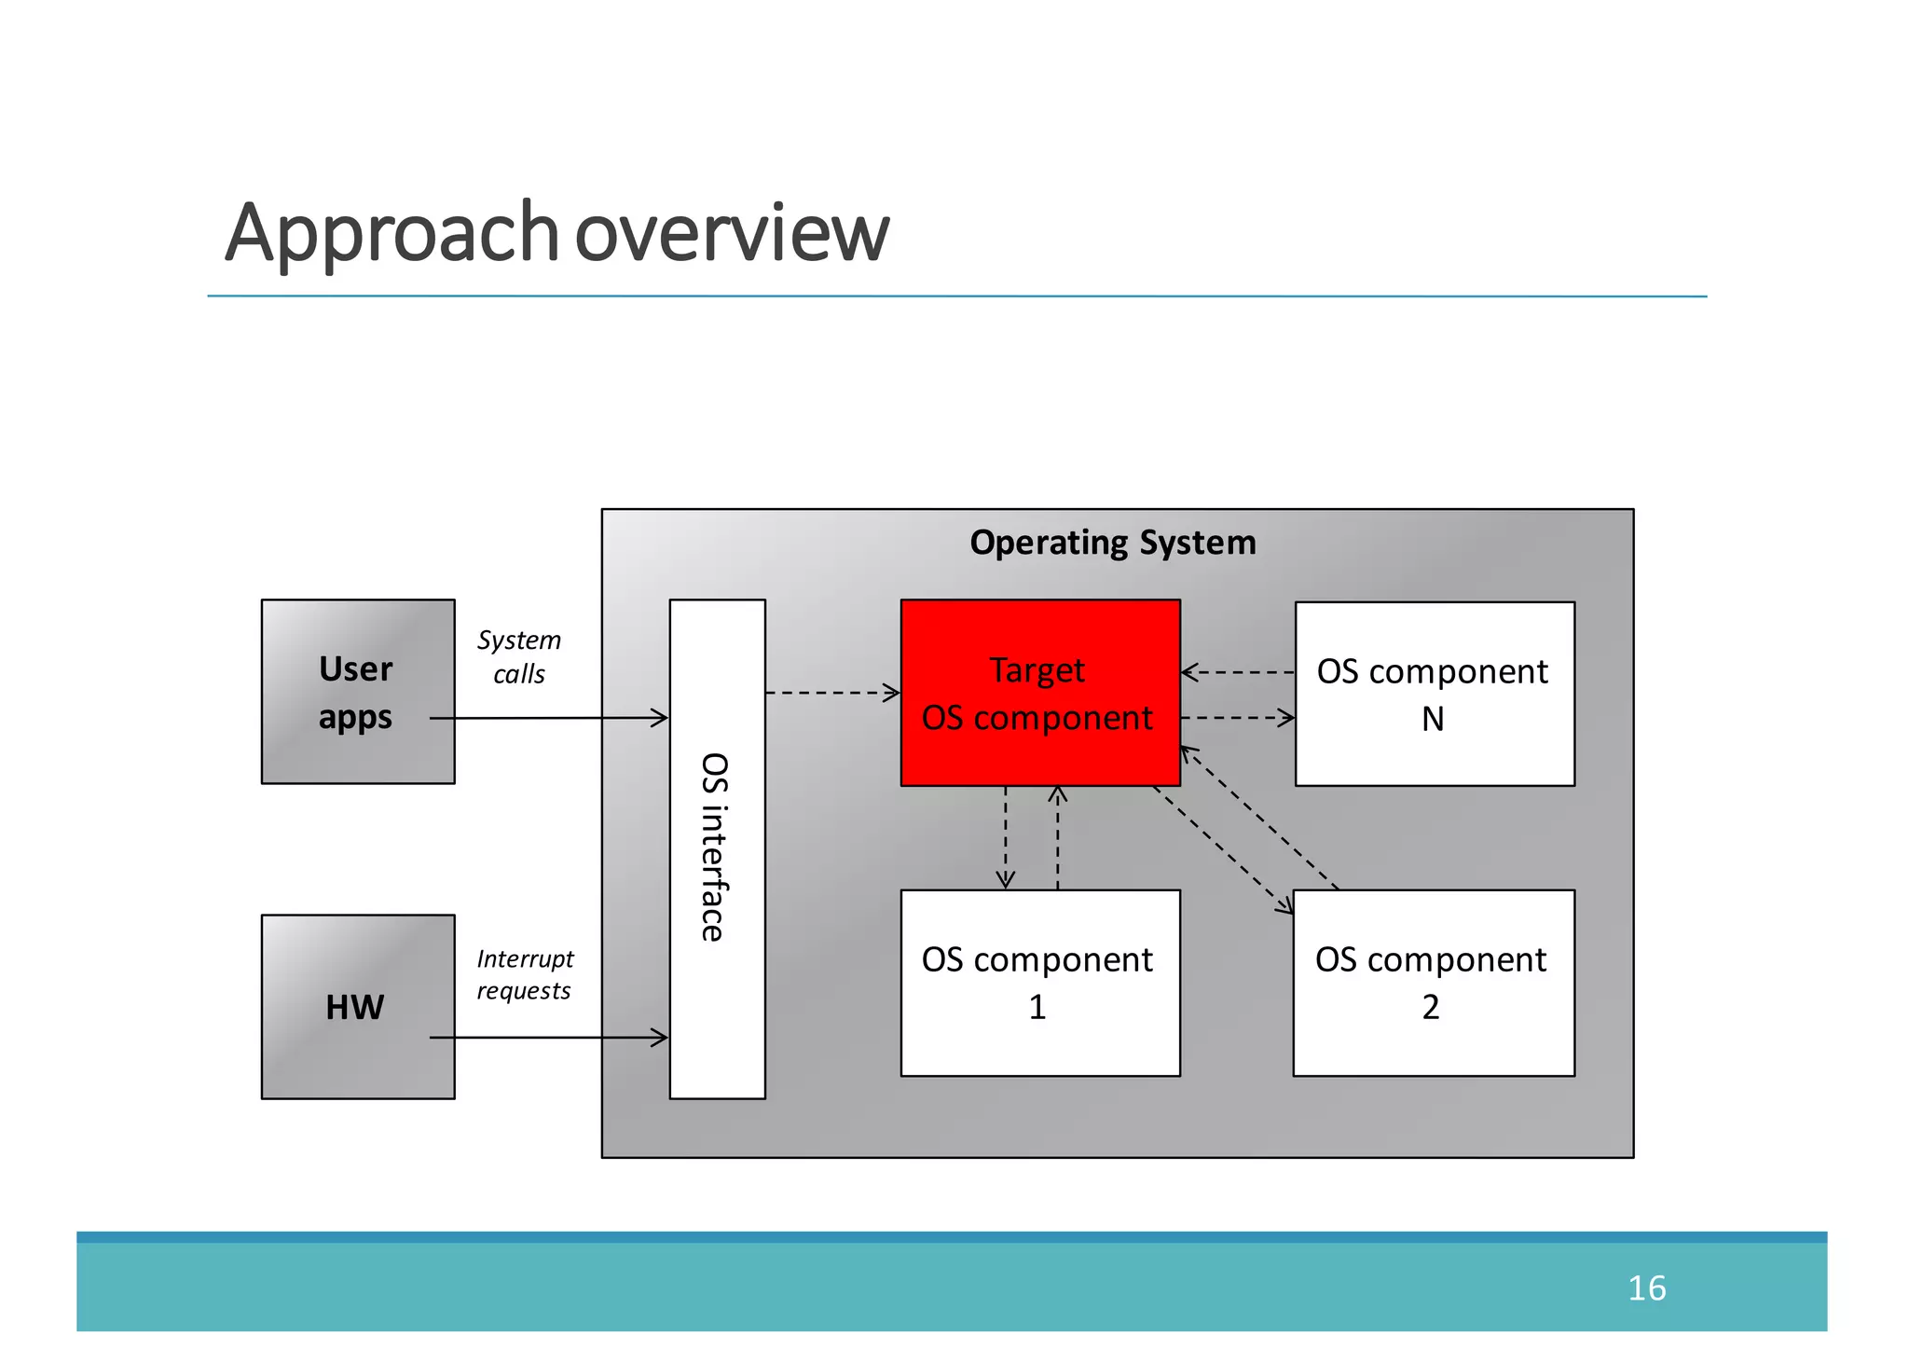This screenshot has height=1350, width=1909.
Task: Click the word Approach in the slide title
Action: coord(391,233)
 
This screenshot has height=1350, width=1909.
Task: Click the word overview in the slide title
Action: coord(733,233)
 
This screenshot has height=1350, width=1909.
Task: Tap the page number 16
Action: coord(1646,1288)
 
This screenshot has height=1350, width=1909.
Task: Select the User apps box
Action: coord(357,691)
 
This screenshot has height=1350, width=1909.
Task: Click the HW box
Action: coord(357,1006)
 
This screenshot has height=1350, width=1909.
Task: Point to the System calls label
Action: coord(519,656)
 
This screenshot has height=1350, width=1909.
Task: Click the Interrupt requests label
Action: coord(525,974)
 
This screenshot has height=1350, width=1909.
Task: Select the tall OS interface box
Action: coord(717,848)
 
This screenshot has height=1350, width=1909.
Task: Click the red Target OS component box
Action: coord(1039,693)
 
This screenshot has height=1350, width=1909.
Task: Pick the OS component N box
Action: coord(1434,694)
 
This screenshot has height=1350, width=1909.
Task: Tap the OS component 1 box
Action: coord(1039,983)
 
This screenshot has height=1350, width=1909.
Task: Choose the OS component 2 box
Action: coord(1433,983)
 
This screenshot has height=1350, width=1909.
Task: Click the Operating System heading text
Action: coord(1112,543)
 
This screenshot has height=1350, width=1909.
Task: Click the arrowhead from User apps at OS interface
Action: coord(660,718)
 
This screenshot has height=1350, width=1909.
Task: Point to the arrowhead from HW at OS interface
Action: coord(660,1037)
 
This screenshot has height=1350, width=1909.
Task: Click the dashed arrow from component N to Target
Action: coord(1238,671)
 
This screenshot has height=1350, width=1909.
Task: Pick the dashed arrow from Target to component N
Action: coord(1238,718)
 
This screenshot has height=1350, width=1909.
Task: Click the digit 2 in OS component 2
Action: coord(1431,1007)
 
